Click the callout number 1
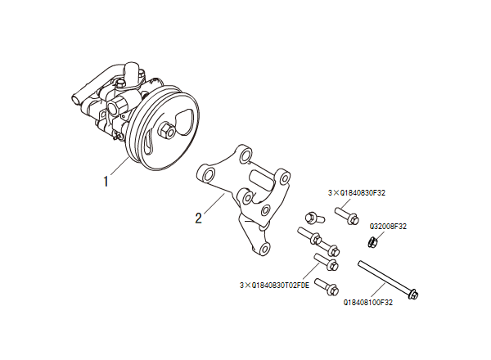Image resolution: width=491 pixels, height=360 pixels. pos(106,180)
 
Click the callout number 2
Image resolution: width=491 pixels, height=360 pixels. pos(198,218)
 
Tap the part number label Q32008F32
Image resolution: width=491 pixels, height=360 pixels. pos(389,225)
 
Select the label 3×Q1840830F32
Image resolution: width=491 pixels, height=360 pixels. pos(357,192)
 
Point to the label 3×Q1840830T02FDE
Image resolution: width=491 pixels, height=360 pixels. pos(274,286)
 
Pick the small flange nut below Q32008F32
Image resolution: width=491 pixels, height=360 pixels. pos(372,241)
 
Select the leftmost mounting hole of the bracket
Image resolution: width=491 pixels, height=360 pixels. pos(206,174)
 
